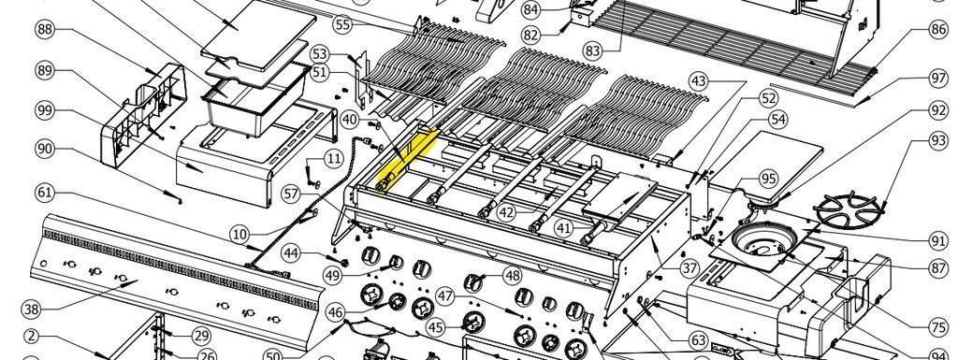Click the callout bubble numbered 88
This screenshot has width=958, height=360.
[x=45, y=29]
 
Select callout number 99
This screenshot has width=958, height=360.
[x=45, y=110]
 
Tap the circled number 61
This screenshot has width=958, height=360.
[x=45, y=193]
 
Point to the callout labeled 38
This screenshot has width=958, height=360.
[x=32, y=310]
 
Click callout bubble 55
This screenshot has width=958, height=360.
[x=343, y=24]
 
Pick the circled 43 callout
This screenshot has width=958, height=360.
[x=698, y=81]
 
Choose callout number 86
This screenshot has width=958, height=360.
[x=938, y=29]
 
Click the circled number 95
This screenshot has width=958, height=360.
[x=769, y=180]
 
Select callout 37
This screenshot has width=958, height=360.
[x=689, y=267]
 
